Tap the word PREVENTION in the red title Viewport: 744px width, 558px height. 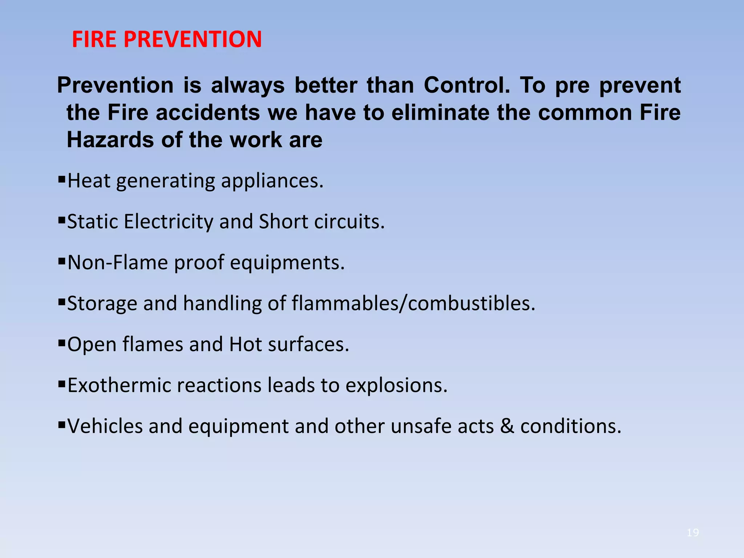[193, 39]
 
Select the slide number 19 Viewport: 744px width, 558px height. [693, 533]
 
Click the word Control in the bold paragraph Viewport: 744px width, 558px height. [467, 85]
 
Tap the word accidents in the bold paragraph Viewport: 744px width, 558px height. [208, 113]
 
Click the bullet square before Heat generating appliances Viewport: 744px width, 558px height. [61, 179]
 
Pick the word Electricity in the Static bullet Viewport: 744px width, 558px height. [169, 222]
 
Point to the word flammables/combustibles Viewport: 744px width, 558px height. [413, 303]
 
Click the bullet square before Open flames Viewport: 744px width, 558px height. [61, 342]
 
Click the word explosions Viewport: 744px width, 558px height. [396, 385]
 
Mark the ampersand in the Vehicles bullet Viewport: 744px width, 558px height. [507, 426]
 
